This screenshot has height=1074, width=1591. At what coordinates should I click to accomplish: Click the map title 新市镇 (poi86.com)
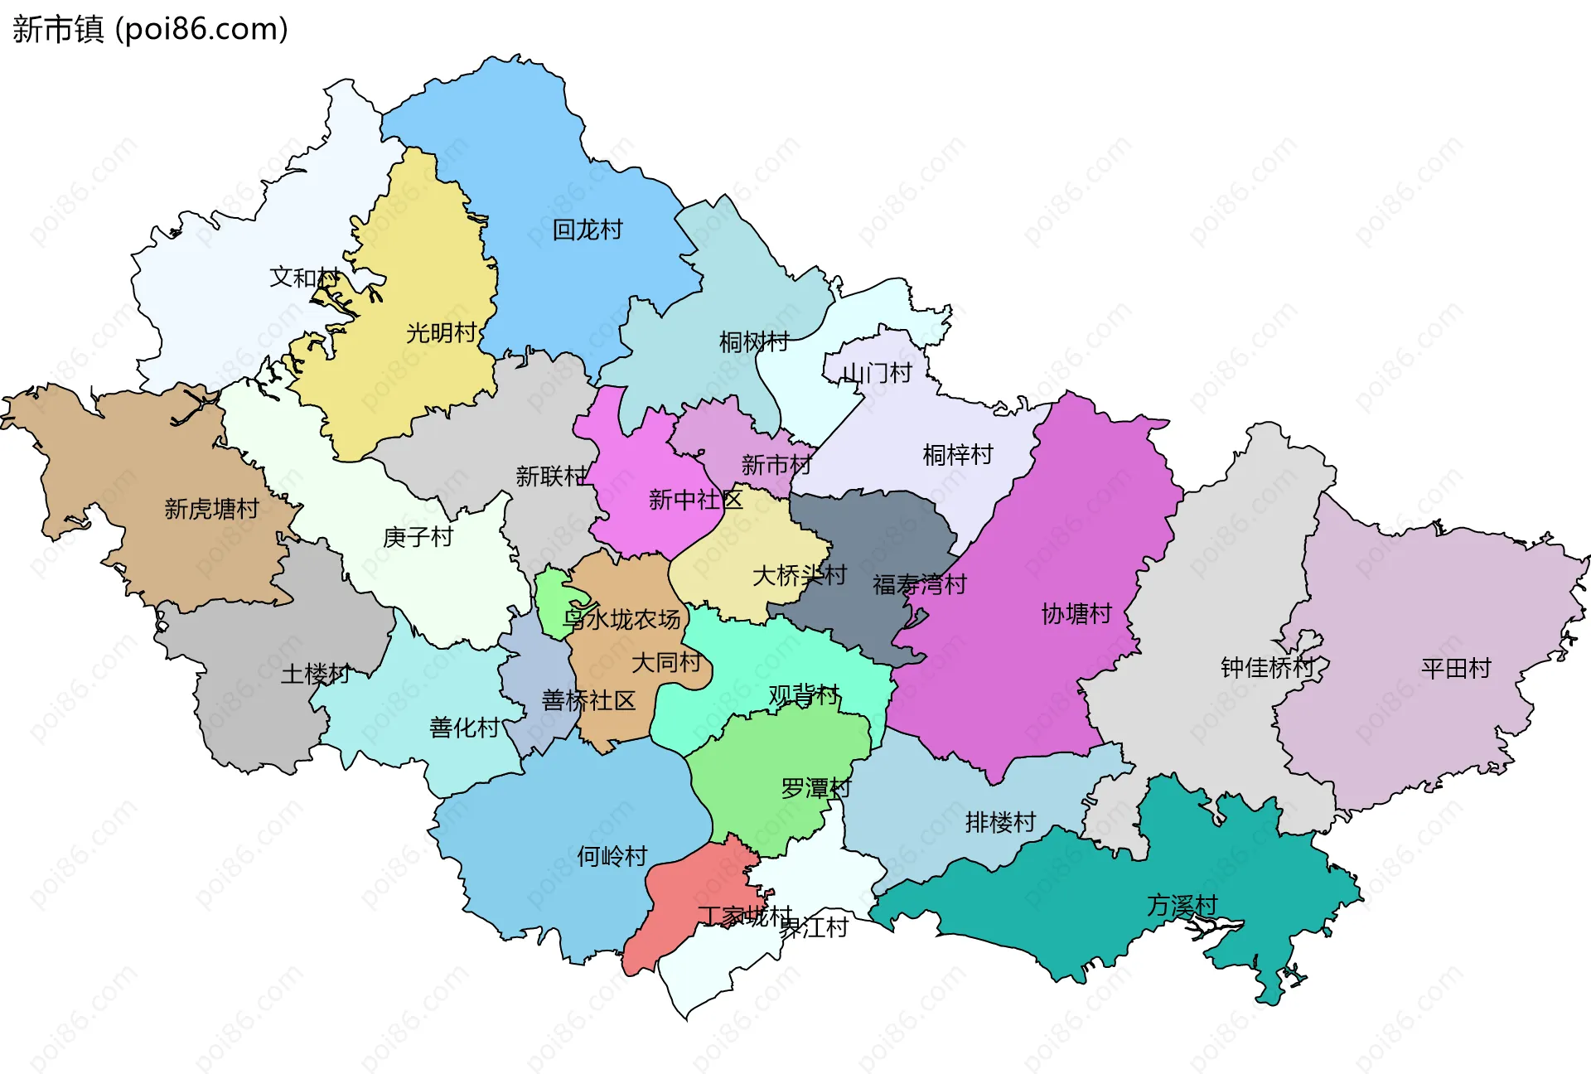(150, 29)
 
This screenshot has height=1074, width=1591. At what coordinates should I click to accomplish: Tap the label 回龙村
(587, 230)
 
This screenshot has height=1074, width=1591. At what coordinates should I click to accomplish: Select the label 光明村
(442, 333)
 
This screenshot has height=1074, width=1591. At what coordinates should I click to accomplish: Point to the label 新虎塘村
(211, 509)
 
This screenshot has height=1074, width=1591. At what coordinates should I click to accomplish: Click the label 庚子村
(418, 537)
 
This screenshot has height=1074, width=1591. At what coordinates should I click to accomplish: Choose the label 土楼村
(315, 674)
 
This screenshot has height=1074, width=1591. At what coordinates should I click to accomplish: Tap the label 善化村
(464, 728)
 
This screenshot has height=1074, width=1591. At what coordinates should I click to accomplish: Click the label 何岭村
(612, 856)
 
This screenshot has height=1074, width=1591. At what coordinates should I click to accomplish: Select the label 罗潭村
(815, 788)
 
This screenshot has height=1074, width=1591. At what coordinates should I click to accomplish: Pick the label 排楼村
(1000, 822)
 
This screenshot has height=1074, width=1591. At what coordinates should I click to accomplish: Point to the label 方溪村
(1182, 906)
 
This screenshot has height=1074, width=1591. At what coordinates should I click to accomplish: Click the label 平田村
(1455, 668)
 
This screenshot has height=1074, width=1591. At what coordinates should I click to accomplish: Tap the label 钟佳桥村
(1267, 667)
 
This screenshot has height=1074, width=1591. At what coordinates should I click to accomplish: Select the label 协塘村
(1076, 614)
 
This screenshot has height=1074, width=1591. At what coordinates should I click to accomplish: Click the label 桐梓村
(957, 454)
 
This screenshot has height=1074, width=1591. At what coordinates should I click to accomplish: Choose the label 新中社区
(695, 500)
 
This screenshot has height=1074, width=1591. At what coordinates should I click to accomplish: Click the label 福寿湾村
(919, 584)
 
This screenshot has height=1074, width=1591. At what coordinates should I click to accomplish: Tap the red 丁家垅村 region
(679, 912)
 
